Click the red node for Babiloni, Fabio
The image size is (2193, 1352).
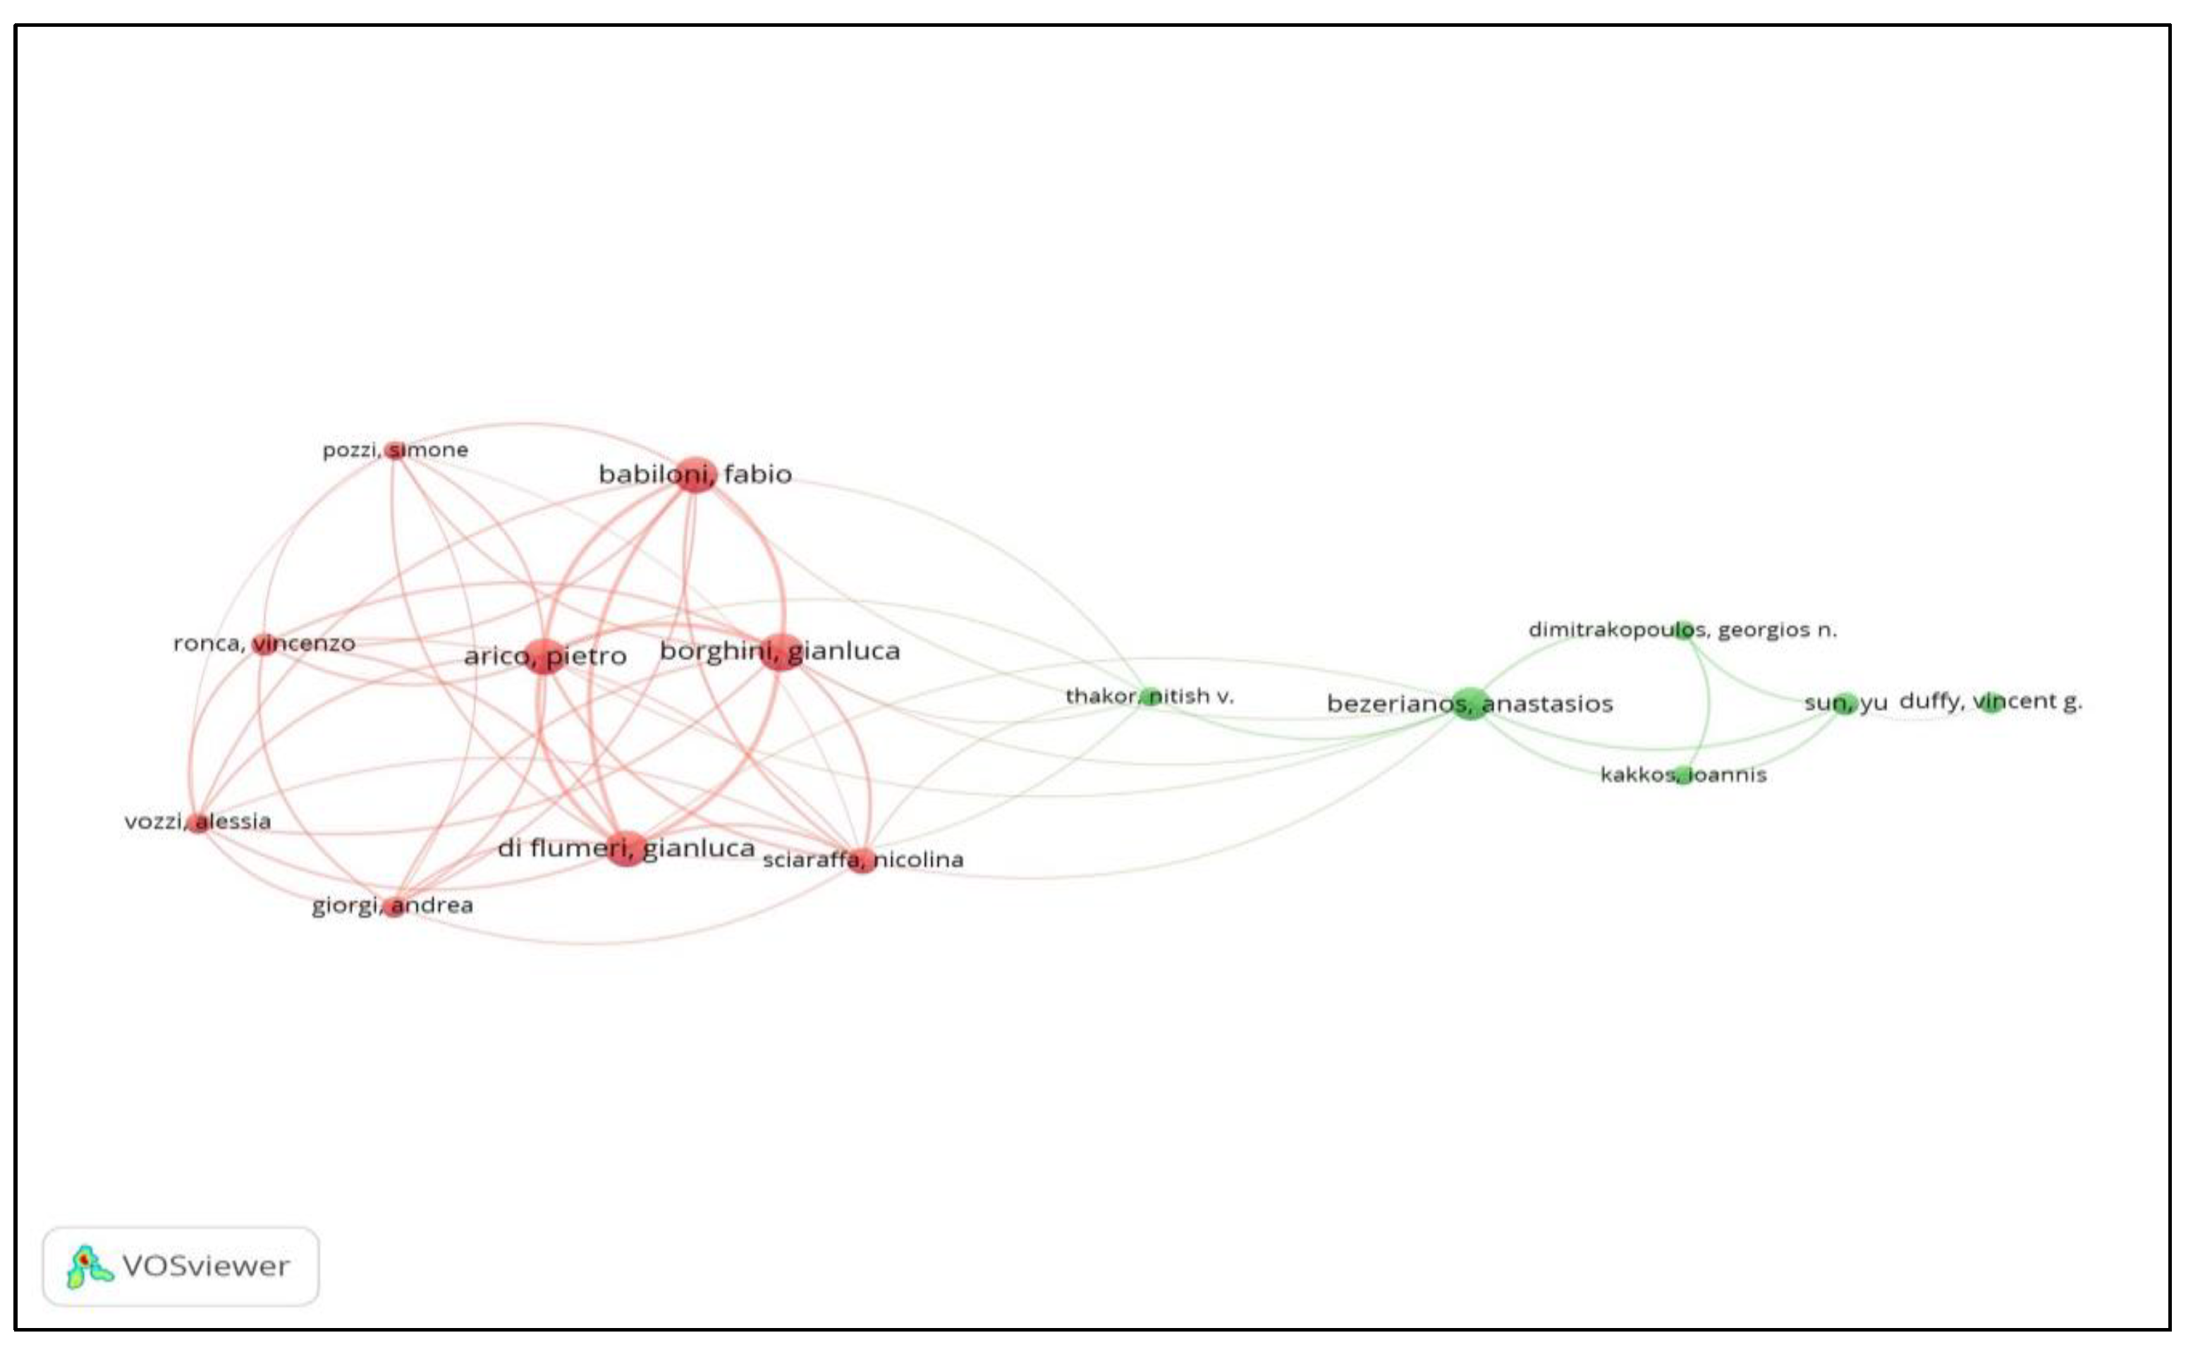tap(695, 474)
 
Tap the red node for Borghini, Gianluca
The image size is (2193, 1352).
tap(781, 651)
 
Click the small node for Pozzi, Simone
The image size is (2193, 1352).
tap(394, 450)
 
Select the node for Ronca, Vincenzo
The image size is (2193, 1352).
tap(264, 643)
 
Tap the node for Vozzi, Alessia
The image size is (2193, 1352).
tap(200, 822)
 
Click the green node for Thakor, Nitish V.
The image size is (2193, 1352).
tap(1149, 695)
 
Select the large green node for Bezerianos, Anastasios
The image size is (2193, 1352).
tap(1470, 704)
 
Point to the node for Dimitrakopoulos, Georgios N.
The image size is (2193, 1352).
tap(1683, 630)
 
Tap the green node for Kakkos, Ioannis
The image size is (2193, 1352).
tap(1682, 774)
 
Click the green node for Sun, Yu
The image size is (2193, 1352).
tap(1845, 703)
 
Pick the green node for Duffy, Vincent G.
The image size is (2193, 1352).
tap(1991, 701)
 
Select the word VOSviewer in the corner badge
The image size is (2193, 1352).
tap(206, 1266)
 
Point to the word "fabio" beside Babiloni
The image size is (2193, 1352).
tap(757, 474)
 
